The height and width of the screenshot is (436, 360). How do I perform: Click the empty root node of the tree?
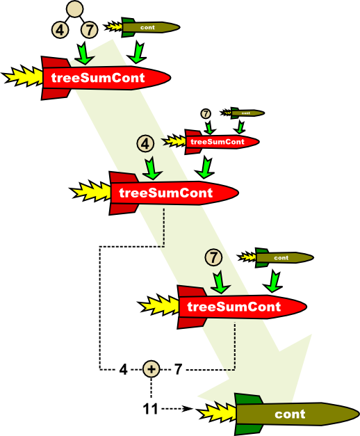coord(75,9)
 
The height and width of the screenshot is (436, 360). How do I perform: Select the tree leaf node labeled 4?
coord(60,30)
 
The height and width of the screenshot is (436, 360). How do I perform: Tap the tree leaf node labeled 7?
coord(89,30)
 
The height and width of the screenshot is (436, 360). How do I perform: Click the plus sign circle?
coord(152,369)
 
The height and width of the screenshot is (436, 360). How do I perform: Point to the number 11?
coord(150,409)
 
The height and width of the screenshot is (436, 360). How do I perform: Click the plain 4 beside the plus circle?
coord(123,369)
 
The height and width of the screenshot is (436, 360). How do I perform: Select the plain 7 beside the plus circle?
coord(178,369)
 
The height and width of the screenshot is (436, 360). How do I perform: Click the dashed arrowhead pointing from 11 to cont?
coord(188,409)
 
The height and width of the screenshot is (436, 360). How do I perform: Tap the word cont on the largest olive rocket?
coord(290,414)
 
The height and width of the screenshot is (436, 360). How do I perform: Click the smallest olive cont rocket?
coord(243,113)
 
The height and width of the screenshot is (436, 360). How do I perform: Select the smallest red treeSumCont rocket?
coord(211,142)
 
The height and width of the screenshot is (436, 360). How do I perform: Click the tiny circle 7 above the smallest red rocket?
coord(206,113)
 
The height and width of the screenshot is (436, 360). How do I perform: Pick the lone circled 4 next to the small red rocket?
coord(145,144)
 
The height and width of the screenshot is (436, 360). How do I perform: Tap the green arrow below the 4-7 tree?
coord(85,54)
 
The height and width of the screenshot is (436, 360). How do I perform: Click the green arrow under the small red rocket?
coord(204,167)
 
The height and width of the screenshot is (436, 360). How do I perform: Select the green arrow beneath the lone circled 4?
coord(152,168)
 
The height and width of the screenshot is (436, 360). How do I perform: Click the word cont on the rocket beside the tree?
coord(147,28)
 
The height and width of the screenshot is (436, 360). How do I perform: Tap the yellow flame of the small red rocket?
coord(174,141)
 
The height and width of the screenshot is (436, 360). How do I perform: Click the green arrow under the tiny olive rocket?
coord(239,127)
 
